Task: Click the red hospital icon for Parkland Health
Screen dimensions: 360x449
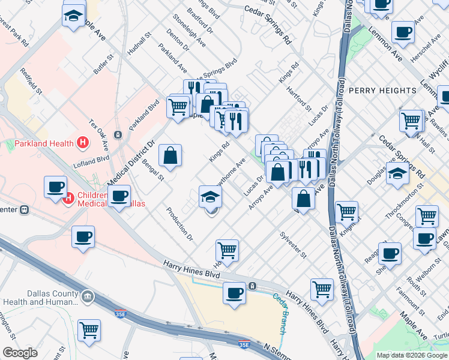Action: point(83,143)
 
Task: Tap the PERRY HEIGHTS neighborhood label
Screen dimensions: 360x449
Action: point(382,91)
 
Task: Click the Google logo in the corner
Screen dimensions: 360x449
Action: point(20,353)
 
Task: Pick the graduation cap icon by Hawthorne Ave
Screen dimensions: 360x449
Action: point(211,196)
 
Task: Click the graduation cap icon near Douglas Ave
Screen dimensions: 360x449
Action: point(397,173)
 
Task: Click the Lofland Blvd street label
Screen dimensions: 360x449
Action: point(91,160)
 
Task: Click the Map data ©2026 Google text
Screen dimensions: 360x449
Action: point(412,355)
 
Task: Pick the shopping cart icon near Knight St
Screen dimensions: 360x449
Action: point(346,211)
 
